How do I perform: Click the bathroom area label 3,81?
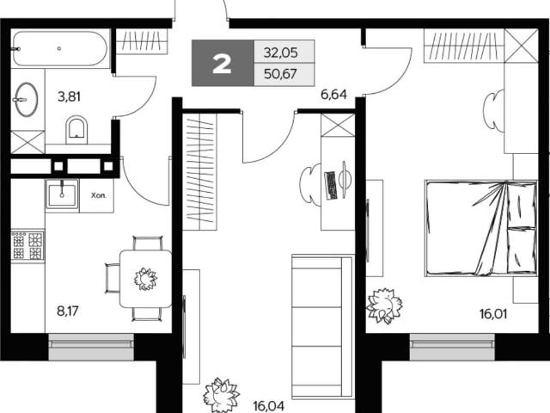coord(69,96)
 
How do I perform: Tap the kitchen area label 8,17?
coord(68,311)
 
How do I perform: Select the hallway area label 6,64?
coord(334,94)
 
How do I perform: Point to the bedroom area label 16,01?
coord(493,313)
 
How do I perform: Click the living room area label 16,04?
coord(269,406)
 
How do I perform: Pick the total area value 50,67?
coord(281,74)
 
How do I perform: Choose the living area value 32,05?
coord(281,52)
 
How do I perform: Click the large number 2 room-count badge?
coord(222,65)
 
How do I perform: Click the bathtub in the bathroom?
coord(59,49)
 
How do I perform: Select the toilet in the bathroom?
coord(76,130)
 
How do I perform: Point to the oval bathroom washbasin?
coord(27,100)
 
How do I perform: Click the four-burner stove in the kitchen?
coord(27,245)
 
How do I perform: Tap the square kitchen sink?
coord(62,194)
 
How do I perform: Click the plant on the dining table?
coord(145,279)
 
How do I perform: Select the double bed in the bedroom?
coord(481,228)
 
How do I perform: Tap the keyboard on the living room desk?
coord(331,186)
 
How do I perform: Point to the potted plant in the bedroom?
coord(384,305)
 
